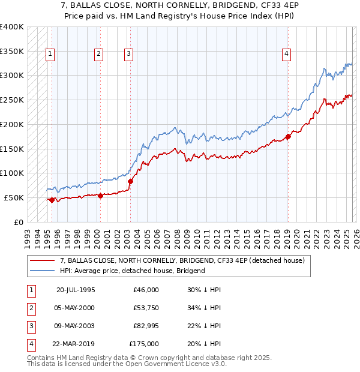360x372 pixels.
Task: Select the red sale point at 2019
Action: click(x=288, y=136)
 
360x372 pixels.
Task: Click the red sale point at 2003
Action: click(x=130, y=181)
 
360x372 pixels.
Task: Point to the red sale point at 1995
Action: click(x=52, y=200)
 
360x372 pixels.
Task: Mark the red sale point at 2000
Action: click(x=100, y=196)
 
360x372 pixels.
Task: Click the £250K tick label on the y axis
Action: click(x=11, y=100)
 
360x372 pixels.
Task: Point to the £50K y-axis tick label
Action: click(x=13, y=197)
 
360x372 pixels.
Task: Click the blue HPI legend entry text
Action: click(x=133, y=271)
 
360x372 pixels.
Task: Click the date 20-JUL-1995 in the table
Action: click(x=76, y=290)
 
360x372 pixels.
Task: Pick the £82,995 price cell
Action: click(x=146, y=327)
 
